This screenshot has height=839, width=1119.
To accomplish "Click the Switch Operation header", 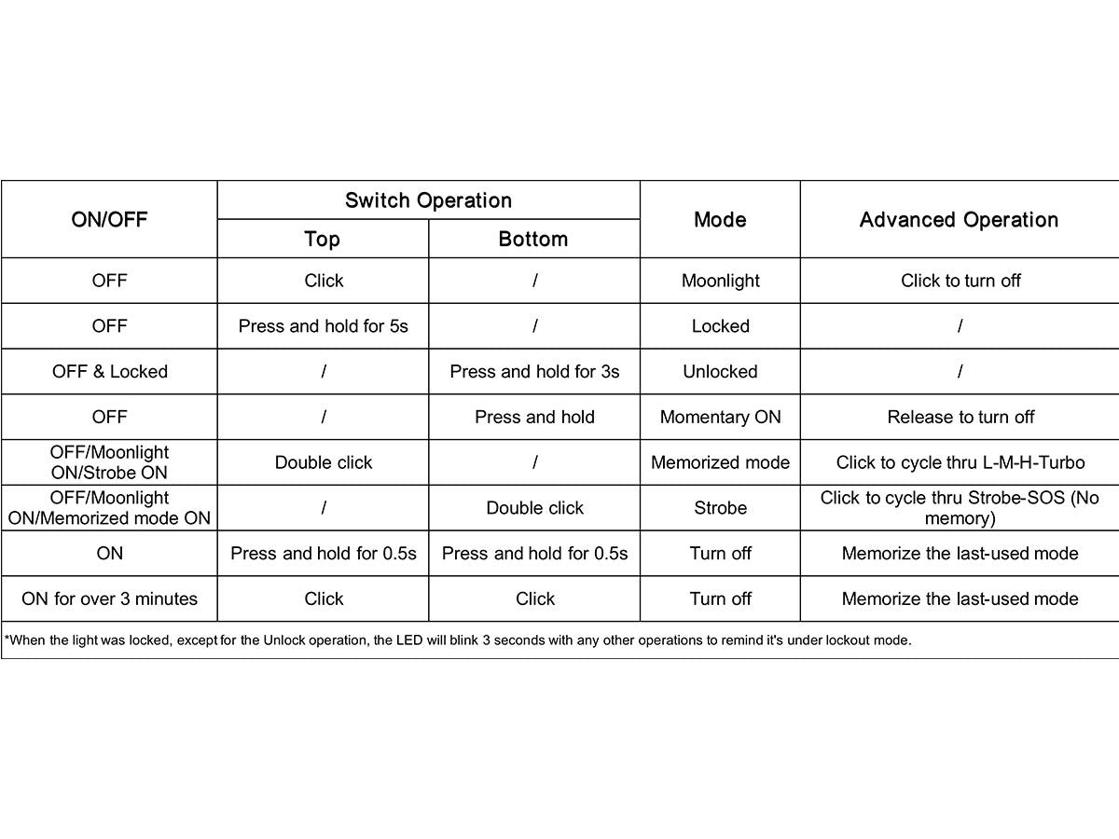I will [428, 200].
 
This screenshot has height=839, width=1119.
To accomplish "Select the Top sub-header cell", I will [323, 240].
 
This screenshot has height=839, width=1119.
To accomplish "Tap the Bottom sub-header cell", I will [533, 240].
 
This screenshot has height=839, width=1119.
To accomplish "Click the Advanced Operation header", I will [959, 220].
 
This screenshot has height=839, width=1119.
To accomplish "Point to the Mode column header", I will [720, 220].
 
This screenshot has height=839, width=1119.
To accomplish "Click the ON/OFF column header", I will [109, 220].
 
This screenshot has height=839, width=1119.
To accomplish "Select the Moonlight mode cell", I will [720, 281].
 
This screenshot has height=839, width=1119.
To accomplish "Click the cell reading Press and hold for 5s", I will [323, 326].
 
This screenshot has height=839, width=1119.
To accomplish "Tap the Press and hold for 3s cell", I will [534, 372].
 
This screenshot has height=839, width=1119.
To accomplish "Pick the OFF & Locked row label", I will [109, 372].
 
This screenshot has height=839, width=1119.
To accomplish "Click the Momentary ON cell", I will [720, 417].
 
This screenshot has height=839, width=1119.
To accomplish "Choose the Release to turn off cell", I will [960, 417].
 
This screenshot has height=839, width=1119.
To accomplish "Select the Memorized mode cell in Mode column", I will [720, 462].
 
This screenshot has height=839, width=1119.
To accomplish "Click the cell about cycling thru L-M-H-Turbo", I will [960, 462].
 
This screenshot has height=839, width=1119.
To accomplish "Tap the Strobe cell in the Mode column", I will [720, 508].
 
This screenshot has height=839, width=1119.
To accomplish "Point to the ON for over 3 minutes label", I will [109, 598].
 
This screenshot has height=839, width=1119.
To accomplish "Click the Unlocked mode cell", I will [720, 372].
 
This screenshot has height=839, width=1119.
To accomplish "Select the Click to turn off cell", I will [960, 281].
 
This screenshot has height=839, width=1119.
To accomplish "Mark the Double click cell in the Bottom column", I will [534, 508].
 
